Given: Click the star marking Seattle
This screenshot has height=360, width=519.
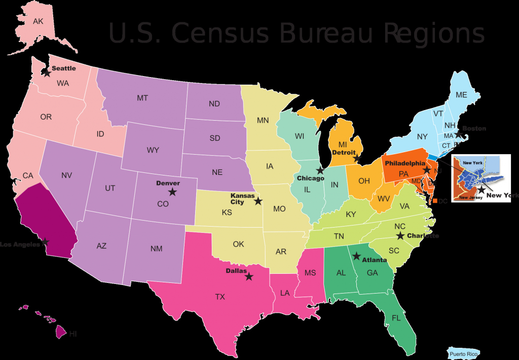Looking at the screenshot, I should click(x=47, y=73).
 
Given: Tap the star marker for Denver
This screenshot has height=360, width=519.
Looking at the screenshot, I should click(x=172, y=192).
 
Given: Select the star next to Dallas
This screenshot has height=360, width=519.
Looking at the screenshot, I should click(x=249, y=277).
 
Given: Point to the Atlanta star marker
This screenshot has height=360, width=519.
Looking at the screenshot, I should click(x=356, y=256).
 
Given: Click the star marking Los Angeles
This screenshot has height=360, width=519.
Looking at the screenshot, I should click(x=46, y=242).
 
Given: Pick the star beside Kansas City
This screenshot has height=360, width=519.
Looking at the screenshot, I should click(x=258, y=201).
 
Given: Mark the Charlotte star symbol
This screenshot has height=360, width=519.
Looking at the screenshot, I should click(x=400, y=236).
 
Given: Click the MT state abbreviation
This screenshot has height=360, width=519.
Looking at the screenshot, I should click(x=142, y=98).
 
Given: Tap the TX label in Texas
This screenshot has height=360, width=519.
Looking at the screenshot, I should click(x=220, y=297).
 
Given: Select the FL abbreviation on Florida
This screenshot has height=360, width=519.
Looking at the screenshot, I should click(x=396, y=318).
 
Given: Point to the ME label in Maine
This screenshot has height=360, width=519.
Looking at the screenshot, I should click(x=461, y=95).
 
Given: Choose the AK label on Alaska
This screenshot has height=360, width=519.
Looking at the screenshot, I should click(x=38, y=21).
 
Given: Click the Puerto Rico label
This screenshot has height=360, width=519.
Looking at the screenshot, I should click(x=463, y=354).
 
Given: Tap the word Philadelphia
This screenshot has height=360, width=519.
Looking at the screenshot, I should click(x=404, y=163).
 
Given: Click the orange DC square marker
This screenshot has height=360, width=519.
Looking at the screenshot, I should click(x=435, y=201).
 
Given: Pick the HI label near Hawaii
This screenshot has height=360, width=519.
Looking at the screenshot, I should click(x=73, y=334).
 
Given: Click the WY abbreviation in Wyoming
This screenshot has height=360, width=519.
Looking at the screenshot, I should click(x=153, y=150).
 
